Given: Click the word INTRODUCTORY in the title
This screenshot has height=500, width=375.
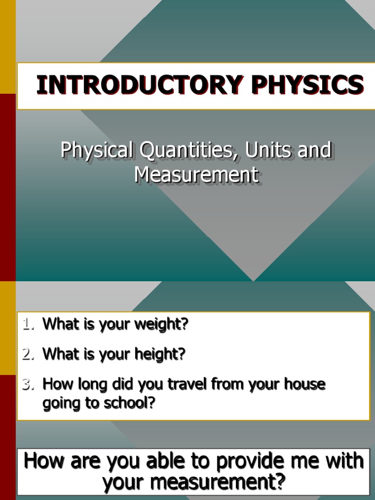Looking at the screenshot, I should pos(140,85).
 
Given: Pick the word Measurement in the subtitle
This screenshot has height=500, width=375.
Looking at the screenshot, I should pos(196,175).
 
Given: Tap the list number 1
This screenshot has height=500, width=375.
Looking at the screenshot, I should pos(28,324).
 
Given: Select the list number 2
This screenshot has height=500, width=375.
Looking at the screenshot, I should pos(28,354).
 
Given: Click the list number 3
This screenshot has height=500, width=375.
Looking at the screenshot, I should pos(28,384).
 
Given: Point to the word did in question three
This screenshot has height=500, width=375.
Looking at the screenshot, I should pos(122,384).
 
